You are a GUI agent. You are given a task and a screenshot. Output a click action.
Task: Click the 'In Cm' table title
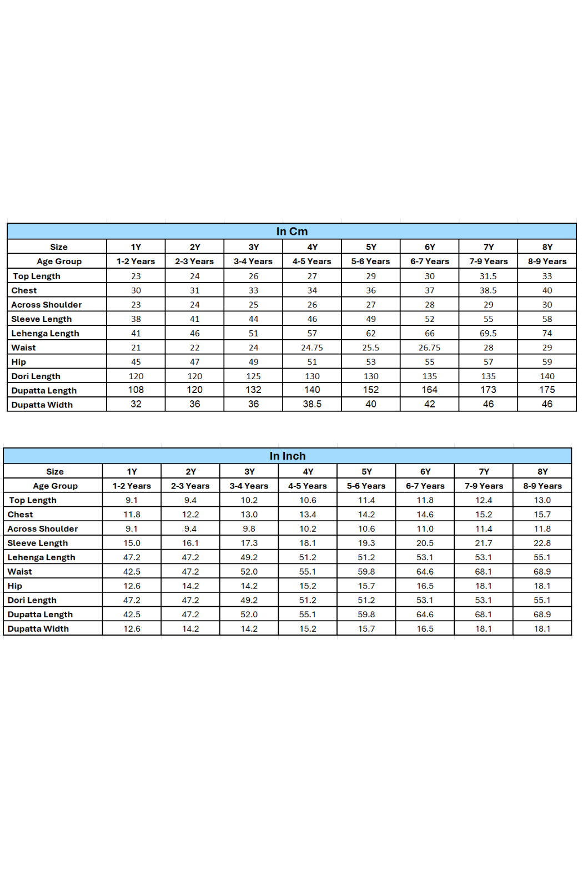291,231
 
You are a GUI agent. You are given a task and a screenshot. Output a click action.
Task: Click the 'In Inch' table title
287,456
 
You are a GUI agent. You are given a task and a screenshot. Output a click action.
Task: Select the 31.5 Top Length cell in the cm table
488,276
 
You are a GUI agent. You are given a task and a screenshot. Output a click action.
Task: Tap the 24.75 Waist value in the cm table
312,348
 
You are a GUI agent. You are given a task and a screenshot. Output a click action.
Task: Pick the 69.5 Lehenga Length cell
488,333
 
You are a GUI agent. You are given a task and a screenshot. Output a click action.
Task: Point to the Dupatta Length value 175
547,390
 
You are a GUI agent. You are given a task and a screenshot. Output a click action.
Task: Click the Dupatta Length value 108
136,390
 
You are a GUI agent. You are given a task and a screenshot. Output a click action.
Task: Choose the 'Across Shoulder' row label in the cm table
47,305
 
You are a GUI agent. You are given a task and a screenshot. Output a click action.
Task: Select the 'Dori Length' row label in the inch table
32,600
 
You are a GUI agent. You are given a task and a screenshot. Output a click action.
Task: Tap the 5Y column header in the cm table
371,247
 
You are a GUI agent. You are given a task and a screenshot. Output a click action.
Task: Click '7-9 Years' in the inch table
484,486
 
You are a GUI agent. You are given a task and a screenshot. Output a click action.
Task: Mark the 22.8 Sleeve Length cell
542,543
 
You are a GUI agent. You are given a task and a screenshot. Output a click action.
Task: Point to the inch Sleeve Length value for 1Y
132,543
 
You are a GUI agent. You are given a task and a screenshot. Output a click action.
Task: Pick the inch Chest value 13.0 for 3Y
249,515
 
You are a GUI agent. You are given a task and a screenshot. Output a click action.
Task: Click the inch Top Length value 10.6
308,500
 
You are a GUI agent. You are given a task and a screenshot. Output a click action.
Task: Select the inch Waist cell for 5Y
366,571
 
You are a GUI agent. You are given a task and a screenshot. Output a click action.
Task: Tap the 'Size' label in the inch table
55,471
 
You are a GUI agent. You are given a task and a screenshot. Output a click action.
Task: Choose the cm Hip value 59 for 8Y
547,362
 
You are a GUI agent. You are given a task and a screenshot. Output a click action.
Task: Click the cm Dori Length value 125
253,376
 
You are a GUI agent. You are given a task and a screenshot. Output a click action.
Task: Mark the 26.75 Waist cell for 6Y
429,348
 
